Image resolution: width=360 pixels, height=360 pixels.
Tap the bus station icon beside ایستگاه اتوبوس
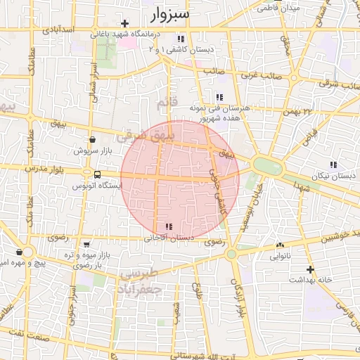(97, 174)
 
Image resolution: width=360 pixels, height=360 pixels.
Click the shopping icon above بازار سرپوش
(92, 139)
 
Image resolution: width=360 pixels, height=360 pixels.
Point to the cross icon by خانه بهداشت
(309, 269)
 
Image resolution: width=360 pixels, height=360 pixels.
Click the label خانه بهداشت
(309, 280)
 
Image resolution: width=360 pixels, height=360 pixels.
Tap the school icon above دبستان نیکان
(333, 165)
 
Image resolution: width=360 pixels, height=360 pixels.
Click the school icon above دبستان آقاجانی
(169, 226)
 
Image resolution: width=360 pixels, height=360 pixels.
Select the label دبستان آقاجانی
(169, 238)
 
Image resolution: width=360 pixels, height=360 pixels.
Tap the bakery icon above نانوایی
(281, 245)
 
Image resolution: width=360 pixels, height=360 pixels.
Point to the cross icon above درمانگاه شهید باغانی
(124, 23)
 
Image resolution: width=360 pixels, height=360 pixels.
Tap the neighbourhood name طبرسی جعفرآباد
(141, 281)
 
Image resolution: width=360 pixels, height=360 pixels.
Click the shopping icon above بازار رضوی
(86, 245)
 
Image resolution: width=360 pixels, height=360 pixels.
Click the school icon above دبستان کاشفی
(181, 39)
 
